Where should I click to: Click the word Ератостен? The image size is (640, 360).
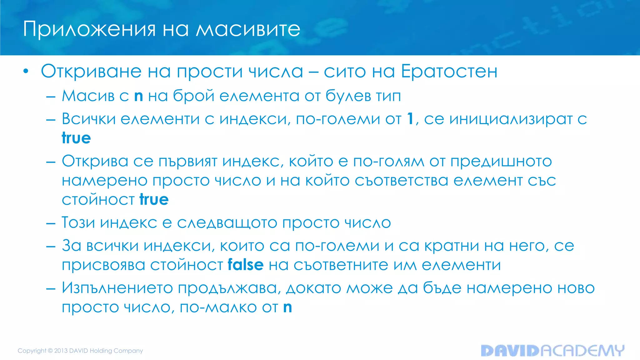[x=449, y=72]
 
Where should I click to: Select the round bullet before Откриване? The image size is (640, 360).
[x=26, y=72]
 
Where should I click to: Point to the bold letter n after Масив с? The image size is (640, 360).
[x=138, y=96]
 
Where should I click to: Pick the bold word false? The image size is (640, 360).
[x=245, y=265]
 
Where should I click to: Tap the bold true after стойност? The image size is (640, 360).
[x=154, y=199]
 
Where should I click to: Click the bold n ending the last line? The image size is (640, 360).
[x=287, y=307]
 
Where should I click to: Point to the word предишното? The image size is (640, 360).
[x=501, y=162]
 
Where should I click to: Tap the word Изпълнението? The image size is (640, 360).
[x=117, y=288]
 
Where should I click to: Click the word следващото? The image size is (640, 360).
[x=227, y=223]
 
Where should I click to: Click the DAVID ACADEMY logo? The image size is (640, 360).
[x=552, y=351]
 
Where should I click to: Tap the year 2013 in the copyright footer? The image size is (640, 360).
[x=61, y=351]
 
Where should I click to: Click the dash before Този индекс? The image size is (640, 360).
[x=51, y=223]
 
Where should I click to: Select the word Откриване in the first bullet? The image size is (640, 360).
[x=92, y=72]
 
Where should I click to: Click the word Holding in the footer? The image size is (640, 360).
[x=101, y=351]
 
